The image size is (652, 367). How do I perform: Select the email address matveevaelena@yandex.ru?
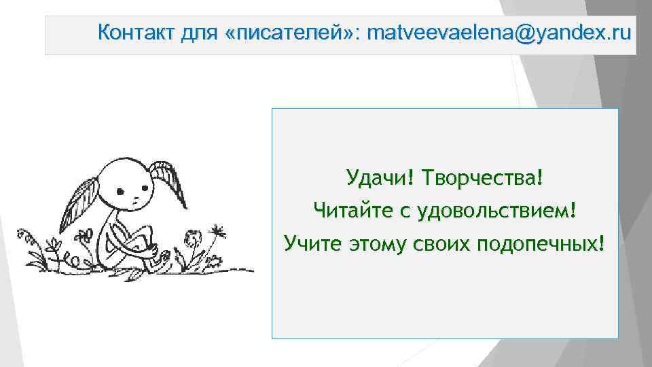498,32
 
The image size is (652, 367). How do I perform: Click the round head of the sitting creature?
127,187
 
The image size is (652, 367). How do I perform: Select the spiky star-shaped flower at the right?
217,231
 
